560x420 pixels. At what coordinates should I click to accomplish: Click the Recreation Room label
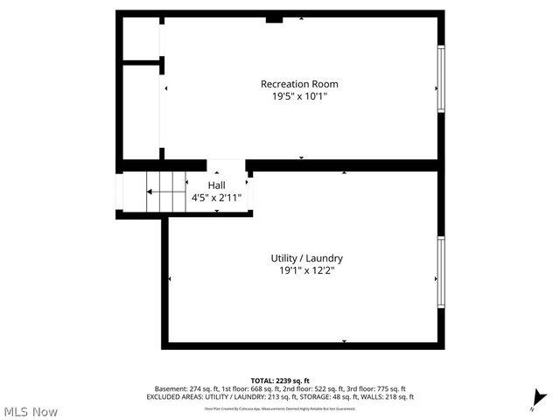(299, 84)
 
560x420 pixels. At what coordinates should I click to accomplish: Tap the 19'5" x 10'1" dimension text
(299, 96)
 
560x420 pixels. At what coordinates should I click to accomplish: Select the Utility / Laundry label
(306, 259)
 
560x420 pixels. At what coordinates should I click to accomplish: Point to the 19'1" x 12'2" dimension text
(306, 271)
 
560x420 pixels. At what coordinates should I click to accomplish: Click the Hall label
(216, 185)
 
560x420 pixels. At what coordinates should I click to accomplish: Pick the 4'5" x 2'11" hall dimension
(216, 198)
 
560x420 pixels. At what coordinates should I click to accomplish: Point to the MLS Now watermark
(31, 411)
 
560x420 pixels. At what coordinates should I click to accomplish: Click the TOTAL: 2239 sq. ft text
(280, 381)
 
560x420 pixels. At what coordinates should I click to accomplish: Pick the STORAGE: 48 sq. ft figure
(325, 396)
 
